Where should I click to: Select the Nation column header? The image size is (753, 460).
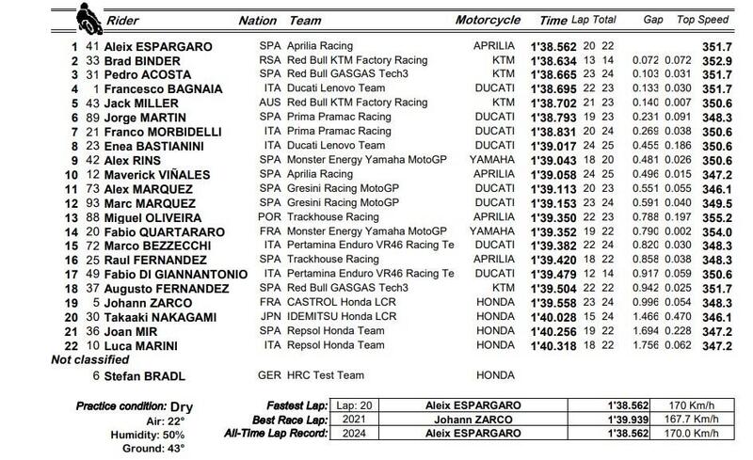(x=257, y=19)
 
